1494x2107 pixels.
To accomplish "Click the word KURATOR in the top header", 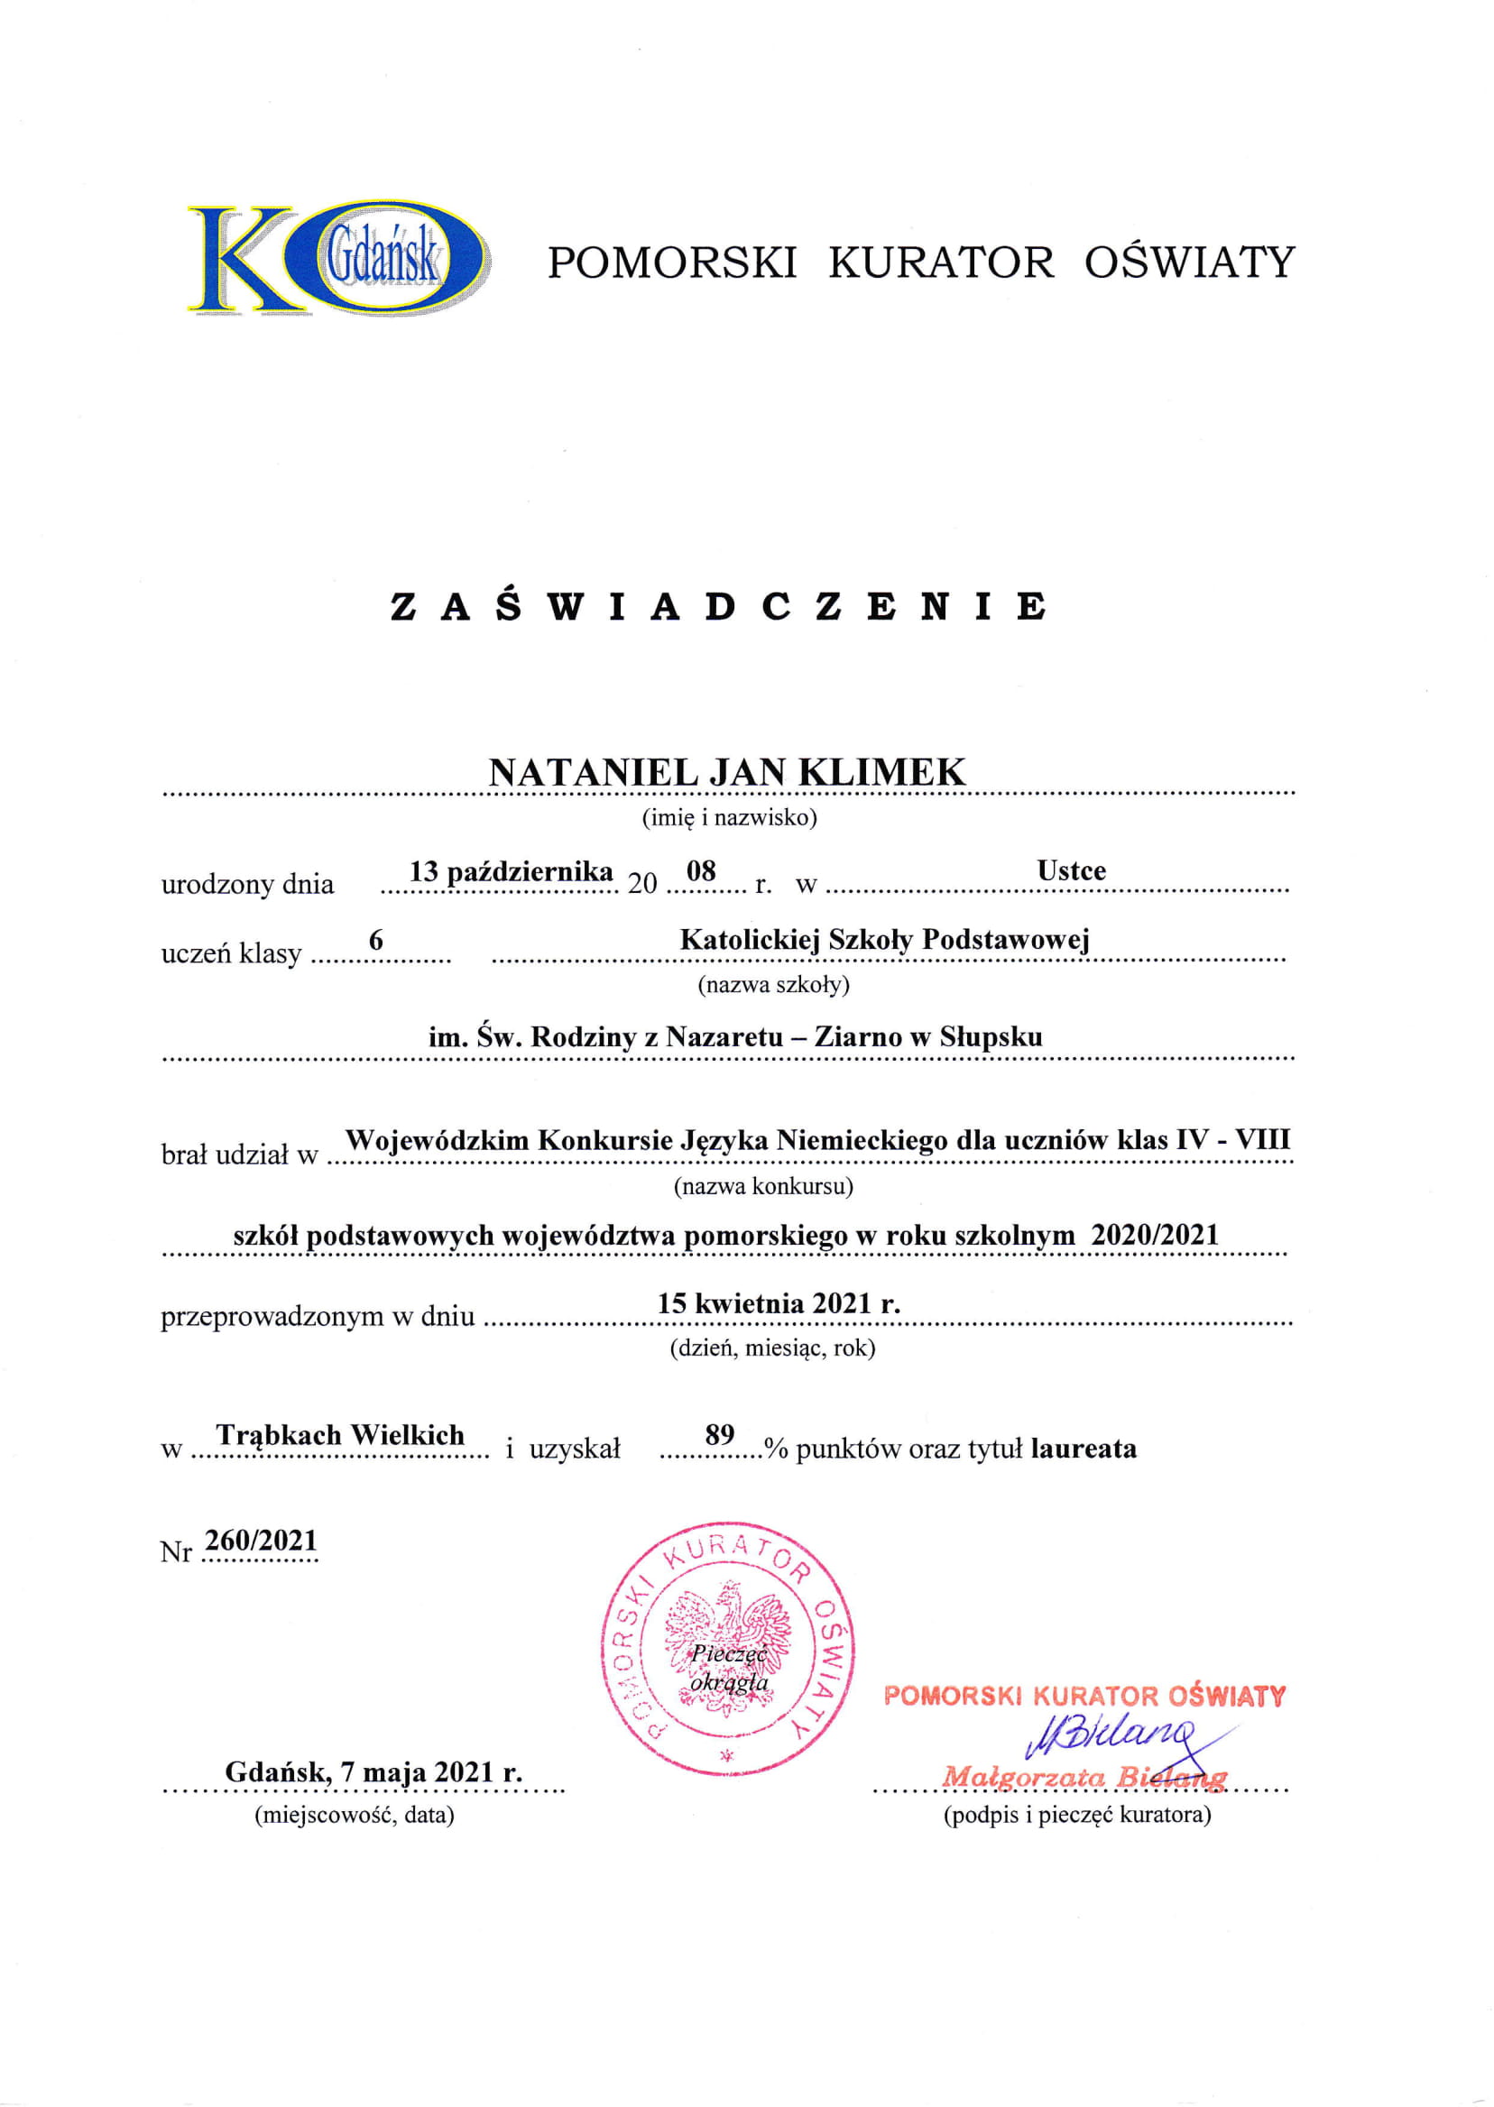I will tap(941, 262).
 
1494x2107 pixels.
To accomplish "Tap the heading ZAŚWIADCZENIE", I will tap(718, 607).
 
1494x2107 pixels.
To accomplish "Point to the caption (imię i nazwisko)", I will tap(729, 817).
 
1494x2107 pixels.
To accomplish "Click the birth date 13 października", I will tap(512, 871).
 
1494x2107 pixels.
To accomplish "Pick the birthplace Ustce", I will tap(1071, 870).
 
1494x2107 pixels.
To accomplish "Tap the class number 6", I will tap(375, 940).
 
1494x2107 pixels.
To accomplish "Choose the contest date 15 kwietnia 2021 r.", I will tap(779, 1303).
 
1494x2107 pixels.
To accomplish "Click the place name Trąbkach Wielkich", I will tap(340, 1435).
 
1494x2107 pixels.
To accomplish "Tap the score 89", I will tap(719, 1435).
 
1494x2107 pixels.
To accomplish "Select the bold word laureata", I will tap(1083, 1449).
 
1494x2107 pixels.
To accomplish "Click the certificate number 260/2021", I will tap(262, 1541).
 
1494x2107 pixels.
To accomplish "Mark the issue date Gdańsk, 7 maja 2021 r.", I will tap(373, 1772).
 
